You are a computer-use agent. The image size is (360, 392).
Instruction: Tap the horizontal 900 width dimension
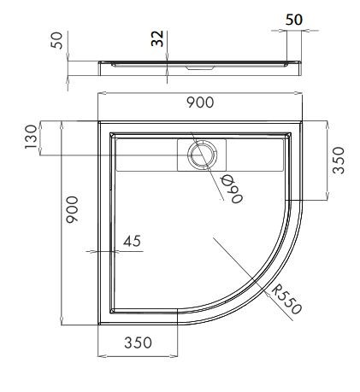point(199,102)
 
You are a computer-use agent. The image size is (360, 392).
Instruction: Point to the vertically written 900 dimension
point(74,210)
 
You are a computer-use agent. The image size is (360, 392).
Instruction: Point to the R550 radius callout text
point(286,299)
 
